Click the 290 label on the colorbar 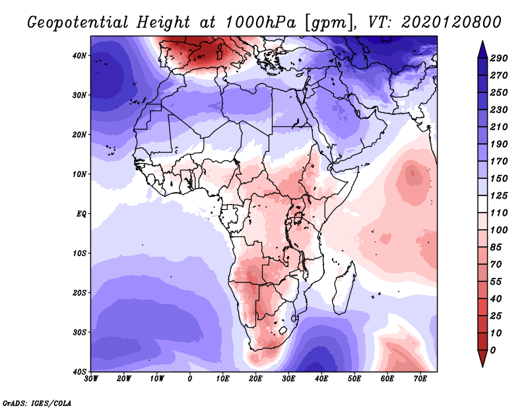(x=499, y=58)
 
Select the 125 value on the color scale (x=499, y=195)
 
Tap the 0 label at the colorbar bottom (x=493, y=351)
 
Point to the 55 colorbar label (x=496, y=282)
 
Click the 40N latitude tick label (x=79, y=55)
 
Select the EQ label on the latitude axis (x=81, y=214)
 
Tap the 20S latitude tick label (x=79, y=292)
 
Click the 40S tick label (x=79, y=372)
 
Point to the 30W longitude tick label (x=91, y=379)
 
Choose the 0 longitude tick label (x=190, y=379)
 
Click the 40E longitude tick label (x=321, y=379)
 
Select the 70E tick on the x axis (x=420, y=379)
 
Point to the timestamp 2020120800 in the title (x=451, y=22)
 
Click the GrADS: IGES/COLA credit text (x=37, y=403)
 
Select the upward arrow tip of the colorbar (x=482, y=42)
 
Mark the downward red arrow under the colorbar (x=482, y=358)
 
